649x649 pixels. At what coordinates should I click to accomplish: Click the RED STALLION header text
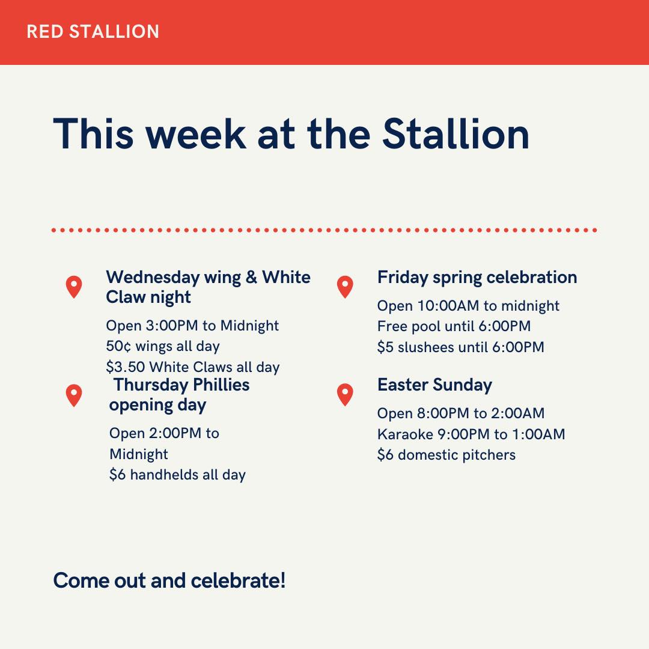click(x=93, y=32)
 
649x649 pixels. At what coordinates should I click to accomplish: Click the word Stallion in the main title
click(x=456, y=133)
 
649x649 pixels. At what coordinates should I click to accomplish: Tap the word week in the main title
click(x=195, y=133)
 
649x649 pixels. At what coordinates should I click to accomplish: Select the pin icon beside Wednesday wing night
click(x=74, y=287)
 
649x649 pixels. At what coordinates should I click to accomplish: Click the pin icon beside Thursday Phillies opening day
click(x=74, y=395)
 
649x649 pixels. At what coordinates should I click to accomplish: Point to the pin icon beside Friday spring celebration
click(x=345, y=287)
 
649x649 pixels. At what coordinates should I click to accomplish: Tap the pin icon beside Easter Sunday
click(x=345, y=394)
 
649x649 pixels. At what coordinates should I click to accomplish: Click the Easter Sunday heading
click(x=434, y=385)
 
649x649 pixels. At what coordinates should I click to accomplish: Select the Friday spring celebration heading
click(x=477, y=278)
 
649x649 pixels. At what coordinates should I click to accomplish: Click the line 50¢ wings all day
click(x=163, y=346)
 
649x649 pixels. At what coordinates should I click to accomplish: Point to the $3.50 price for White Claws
click(x=126, y=367)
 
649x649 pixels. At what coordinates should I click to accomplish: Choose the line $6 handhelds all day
click(x=177, y=474)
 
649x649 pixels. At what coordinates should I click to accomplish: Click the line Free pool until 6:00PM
click(x=454, y=326)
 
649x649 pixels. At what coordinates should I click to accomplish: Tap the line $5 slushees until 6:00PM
click(x=461, y=347)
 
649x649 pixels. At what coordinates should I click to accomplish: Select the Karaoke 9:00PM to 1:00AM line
click(x=471, y=434)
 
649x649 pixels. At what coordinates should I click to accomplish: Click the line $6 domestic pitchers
click(x=446, y=455)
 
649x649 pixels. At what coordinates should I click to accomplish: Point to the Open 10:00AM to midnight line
click(x=468, y=306)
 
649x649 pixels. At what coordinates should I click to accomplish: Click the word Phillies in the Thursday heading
click(x=221, y=385)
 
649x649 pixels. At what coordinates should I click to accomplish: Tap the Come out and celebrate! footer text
click(x=169, y=580)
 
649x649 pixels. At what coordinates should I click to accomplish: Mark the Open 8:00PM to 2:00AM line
click(x=461, y=413)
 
